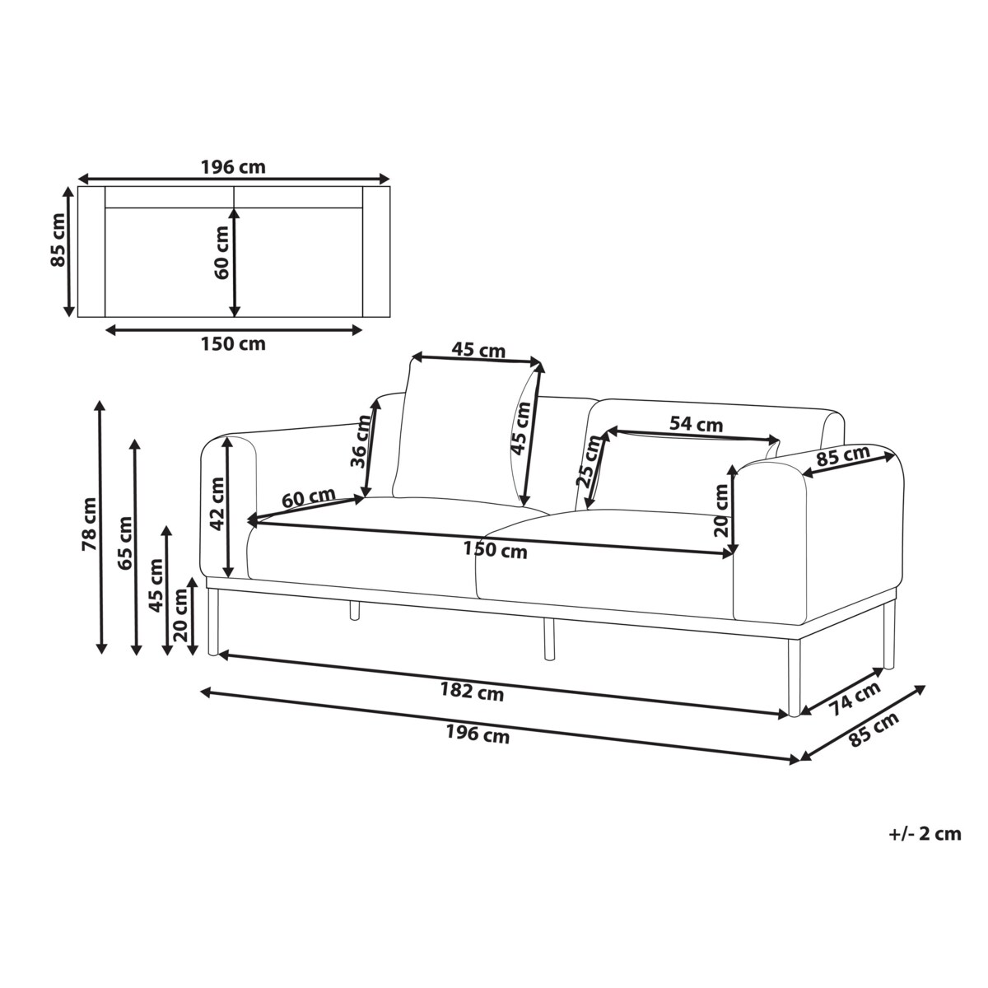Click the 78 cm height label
[89, 524]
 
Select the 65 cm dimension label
[124, 543]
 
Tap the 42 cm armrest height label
[217, 504]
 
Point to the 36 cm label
[360, 442]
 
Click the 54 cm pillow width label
[696, 424]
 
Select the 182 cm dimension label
[472, 692]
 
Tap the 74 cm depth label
[855, 698]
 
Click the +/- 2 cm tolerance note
[925, 848]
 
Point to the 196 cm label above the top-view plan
[233, 167]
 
